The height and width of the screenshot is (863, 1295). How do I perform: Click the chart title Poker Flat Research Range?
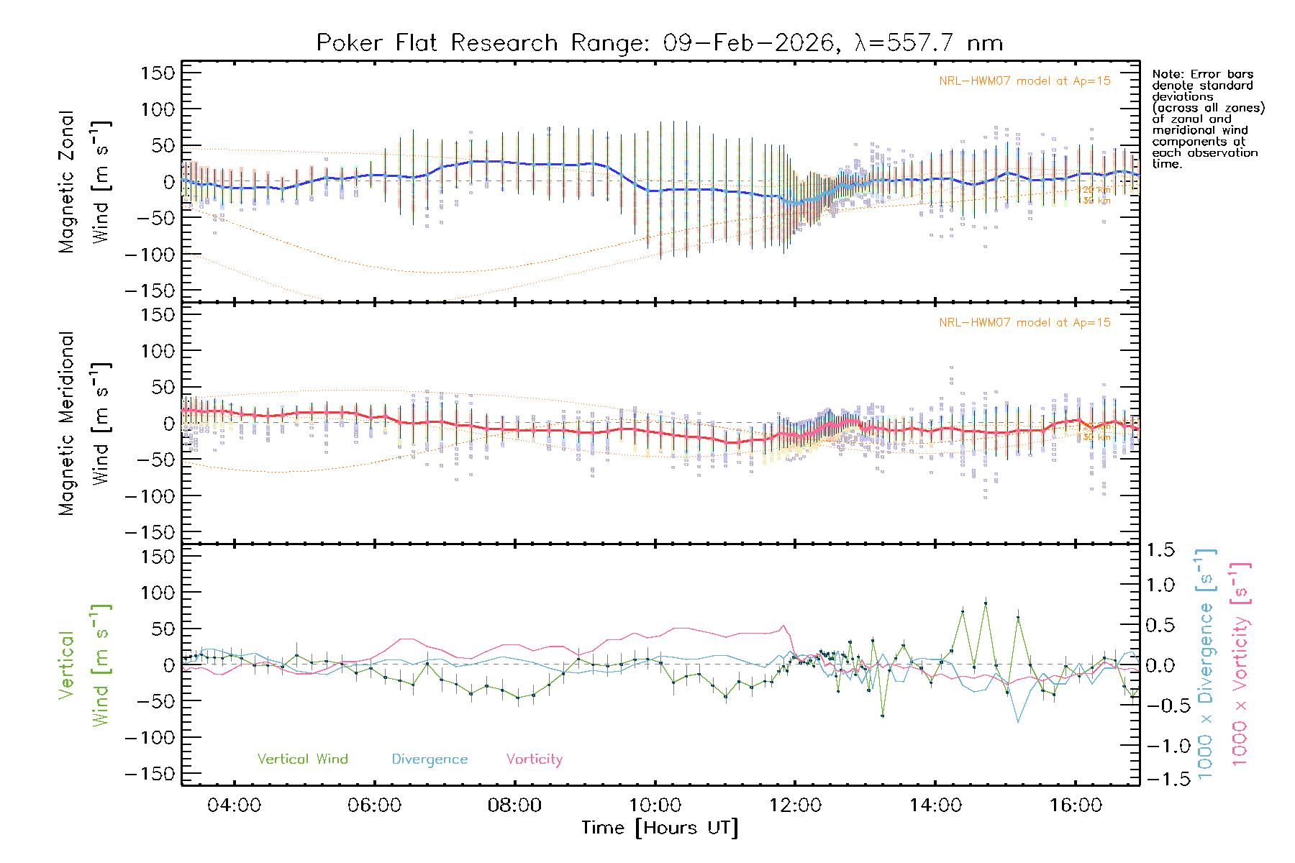(x=659, y=43)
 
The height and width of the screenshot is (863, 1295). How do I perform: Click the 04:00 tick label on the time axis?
(x=234, y=805)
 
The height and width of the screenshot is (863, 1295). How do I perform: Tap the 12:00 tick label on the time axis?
(x=795, y=805)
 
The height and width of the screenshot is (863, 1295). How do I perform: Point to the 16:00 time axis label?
(x=1075, y=805)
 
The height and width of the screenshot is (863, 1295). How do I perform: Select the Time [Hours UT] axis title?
(x=660, y=828)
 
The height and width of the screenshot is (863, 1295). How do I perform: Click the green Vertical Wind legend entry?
(x=302, y=759)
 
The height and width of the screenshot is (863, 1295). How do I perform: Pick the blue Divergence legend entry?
(x=430, y=759)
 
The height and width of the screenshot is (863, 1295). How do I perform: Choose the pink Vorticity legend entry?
(x=534, y=759)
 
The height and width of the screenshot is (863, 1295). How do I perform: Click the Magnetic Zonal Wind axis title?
(x=84, y=182)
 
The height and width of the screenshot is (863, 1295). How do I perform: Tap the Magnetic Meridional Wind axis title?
(x=84, y=424)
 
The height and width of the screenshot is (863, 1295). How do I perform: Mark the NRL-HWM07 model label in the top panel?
(x=1024, y=81)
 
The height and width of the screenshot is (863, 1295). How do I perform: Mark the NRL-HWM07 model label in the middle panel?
(x=1024, y=323)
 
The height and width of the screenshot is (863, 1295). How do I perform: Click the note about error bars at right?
(x=1207, y=119)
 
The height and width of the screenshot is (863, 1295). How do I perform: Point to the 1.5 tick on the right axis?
(x=1160, y=550)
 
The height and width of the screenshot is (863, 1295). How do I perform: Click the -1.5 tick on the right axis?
(x=1160, y=779)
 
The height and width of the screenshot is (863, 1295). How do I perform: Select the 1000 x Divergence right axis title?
(x=1205, y=663)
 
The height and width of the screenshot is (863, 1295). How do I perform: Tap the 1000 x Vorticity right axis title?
(x=1240, y=663)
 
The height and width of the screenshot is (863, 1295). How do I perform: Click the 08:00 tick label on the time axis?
(x=514, y=805)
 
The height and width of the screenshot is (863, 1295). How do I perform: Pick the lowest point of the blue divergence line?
(x=1018, y=721)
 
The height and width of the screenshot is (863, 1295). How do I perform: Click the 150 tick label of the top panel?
(x=158, y=73)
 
